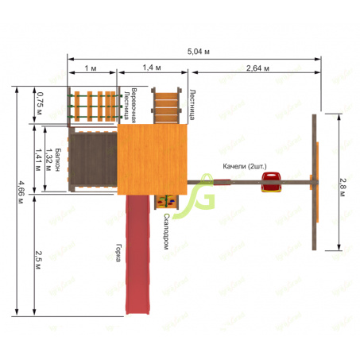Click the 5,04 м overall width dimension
pyautogui.click(x=199, y=52)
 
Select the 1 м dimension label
pyautogui.click(x=91, y=68)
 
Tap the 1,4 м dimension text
pyautogui.click(x=152, y=68)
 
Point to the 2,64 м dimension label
pyautogui.click(x=257, y=68)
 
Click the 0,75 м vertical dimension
pyautogui.click(x=40, y=103)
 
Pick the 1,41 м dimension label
pyautogui.click(x=39, y=160)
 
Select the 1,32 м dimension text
pyautogui.click(x=48, y=160)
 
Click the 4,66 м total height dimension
pyautogui.click(x=21, y=192)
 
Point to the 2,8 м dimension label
pyautogui.click(x=343, y=188)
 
